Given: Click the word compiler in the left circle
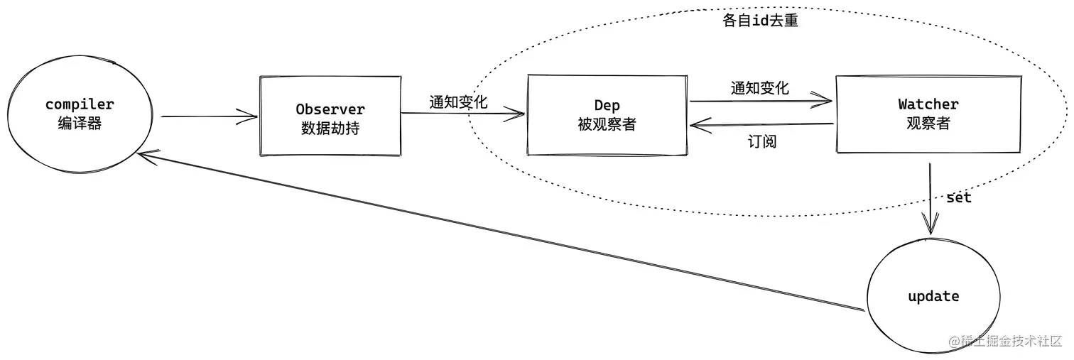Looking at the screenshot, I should point(80,104).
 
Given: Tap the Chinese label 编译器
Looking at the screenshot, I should point(80,123).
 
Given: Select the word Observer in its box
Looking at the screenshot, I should point(330,109).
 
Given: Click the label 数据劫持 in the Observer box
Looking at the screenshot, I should point(330,129).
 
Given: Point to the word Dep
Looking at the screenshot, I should point(607,106).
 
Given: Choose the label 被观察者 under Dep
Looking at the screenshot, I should point(607,125).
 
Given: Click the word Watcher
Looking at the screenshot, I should point(928,104).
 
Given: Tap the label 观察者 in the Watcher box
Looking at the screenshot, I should point(928,123).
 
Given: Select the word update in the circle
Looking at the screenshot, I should point(933,296).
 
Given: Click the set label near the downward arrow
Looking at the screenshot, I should point(958,197).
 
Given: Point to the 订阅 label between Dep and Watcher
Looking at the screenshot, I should point(761,141).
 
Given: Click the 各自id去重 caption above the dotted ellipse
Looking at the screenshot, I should point(760,21).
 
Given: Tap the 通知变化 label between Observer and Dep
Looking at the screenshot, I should point(458,102).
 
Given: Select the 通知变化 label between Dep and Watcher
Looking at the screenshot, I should point(759,88).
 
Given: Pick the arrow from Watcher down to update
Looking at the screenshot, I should point(929,199).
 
